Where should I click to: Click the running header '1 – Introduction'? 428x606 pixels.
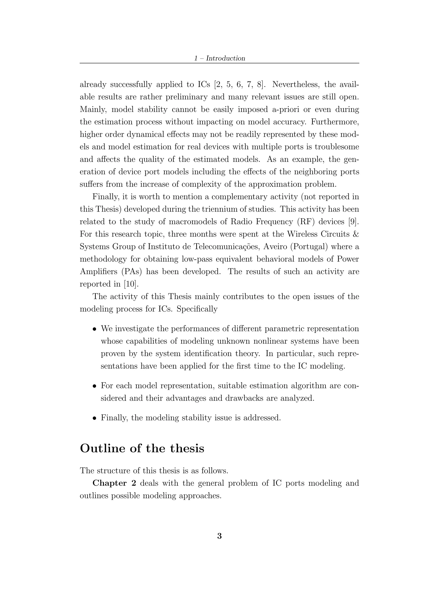219,58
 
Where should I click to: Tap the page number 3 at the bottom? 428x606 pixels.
219,536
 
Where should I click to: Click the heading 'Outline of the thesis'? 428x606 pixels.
142,448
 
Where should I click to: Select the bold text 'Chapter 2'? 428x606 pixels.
114,483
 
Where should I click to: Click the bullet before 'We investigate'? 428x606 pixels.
94,329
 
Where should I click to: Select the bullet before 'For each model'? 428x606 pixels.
94,386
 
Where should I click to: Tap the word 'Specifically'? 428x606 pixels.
197,309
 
